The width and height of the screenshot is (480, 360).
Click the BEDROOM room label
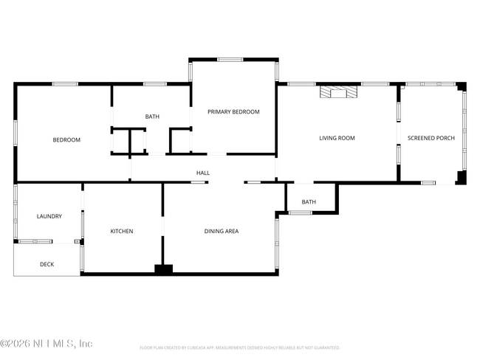tap(66, 139)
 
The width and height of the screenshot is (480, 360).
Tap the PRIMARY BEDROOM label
tap(233, 111)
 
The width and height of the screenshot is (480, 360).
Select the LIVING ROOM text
tap(337, 138)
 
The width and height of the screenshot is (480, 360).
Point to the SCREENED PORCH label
tap(431, 138)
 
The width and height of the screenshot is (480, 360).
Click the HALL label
tap(203, 173)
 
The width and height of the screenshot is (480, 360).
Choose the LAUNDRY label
tap(49, 216)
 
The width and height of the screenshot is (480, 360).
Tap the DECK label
tap(47, 264)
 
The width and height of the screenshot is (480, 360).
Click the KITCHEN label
tap(122, 231)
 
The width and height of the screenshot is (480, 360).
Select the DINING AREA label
tap(222, 231)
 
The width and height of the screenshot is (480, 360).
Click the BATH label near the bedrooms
tap(152, 117)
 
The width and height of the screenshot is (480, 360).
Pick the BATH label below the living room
tap(309, 201)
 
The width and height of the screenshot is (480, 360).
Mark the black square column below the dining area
tap(163, 270)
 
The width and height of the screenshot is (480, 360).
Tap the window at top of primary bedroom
tap(230, 60)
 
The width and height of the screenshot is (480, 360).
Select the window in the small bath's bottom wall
tap(300, 213)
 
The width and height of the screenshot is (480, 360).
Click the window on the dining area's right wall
tap(277, 243)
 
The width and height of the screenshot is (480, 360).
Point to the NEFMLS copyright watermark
tap(47, 344)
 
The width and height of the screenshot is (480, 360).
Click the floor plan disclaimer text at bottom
tap(239, 347)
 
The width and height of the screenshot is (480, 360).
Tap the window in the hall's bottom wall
tap(197, 181)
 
